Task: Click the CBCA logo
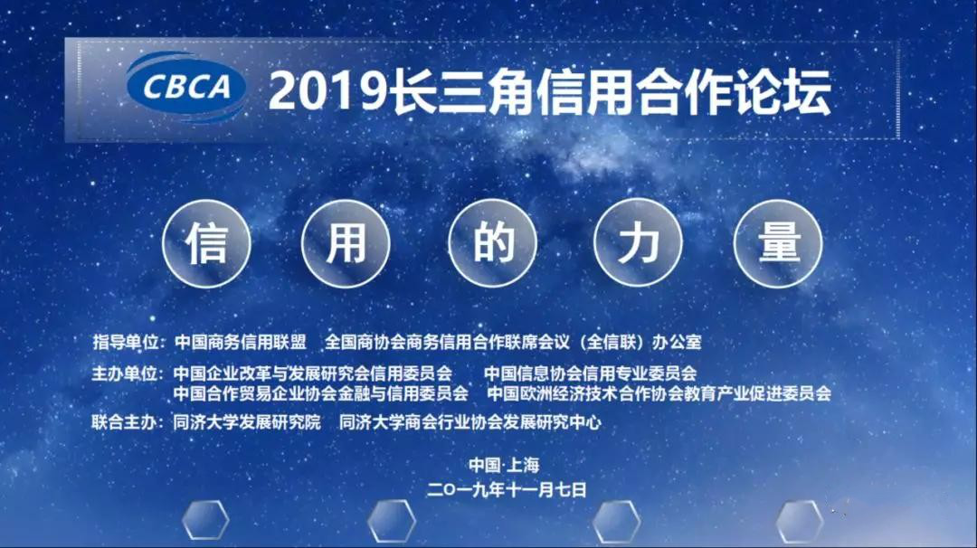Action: (x=185, y=86)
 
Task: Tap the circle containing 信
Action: (x=207, y=243)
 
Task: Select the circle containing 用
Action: (x=346, y=243)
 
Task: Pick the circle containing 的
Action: (x=493, y=243)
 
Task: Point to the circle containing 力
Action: (x=638, y=243)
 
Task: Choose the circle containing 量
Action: (x=778, y=243)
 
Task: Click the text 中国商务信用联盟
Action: (x=241, y=342)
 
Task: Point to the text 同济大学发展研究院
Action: (x=247, y=422)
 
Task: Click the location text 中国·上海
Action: (x=504, y=465)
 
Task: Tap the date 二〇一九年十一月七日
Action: (x=507, y=489)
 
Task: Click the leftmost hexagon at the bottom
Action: (x=205, y=520)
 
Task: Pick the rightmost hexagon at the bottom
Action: (x=800, y=521)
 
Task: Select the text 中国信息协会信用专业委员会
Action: (x=590, y=373)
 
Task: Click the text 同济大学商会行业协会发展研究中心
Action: (x=470, y=422)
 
